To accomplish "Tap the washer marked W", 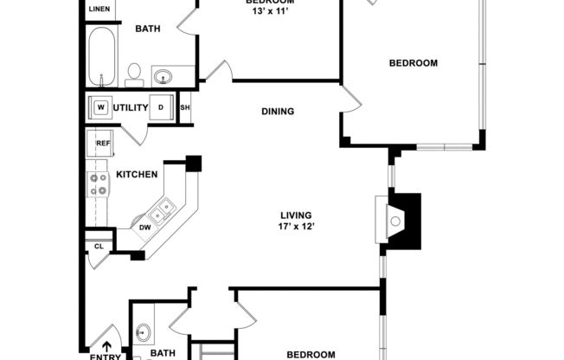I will (100, 108).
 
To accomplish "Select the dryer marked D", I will (160, 108).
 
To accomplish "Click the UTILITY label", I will (131, 108).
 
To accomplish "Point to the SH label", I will (184, 108).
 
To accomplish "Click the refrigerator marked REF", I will (103, 144).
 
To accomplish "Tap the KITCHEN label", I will (138, 175).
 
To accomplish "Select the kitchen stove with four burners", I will (97, 183).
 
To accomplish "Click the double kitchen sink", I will (162, 209).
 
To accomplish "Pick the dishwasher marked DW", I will (145, 228).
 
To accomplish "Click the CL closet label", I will (98, 246).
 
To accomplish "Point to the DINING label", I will (278, 111).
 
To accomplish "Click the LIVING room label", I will (295, 215).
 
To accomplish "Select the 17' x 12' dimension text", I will (295, 228).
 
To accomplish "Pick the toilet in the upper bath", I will (134, 74).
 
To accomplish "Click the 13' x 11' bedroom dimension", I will (267, 12).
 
